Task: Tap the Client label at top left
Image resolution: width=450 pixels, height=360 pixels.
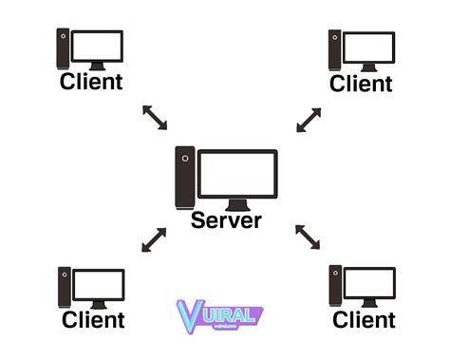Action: click(x=91, y=81)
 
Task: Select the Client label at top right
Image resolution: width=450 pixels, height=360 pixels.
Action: click(x=361, y=83)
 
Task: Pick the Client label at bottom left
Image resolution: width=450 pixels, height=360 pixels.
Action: click(x=93, y=319)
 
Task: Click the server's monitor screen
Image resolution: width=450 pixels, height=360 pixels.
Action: click(x=238, y=174)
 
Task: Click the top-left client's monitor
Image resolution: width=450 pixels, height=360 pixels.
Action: click(x=98, y=47)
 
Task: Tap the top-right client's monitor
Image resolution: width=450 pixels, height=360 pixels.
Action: click(x=368, y=47)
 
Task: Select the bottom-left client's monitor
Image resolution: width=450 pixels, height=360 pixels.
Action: click(x=99, y=284)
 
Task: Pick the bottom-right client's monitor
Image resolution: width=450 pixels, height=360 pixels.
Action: click(x=369, y=283)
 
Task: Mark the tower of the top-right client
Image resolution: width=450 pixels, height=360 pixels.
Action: click(x=335, y=50)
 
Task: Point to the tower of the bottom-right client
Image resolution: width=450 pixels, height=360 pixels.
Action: click(x=335, y=286)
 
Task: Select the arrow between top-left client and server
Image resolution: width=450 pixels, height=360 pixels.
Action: click(x=154, y=118)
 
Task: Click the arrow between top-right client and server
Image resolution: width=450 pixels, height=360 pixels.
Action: click(x=309, y=120)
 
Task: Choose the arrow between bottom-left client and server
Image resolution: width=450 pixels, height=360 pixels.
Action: click(x=154, y=239)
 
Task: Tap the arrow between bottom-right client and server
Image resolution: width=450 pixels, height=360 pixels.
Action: click(x=308, y=237)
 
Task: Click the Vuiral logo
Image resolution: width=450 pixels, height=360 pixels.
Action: click(x=219, y=314)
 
